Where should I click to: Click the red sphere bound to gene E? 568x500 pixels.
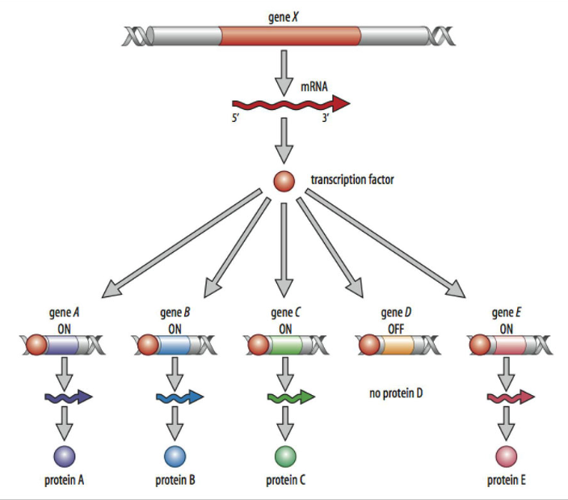point(480,347)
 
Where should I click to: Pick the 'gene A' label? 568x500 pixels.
point(63,313)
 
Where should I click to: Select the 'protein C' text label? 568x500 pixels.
point(285,481)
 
